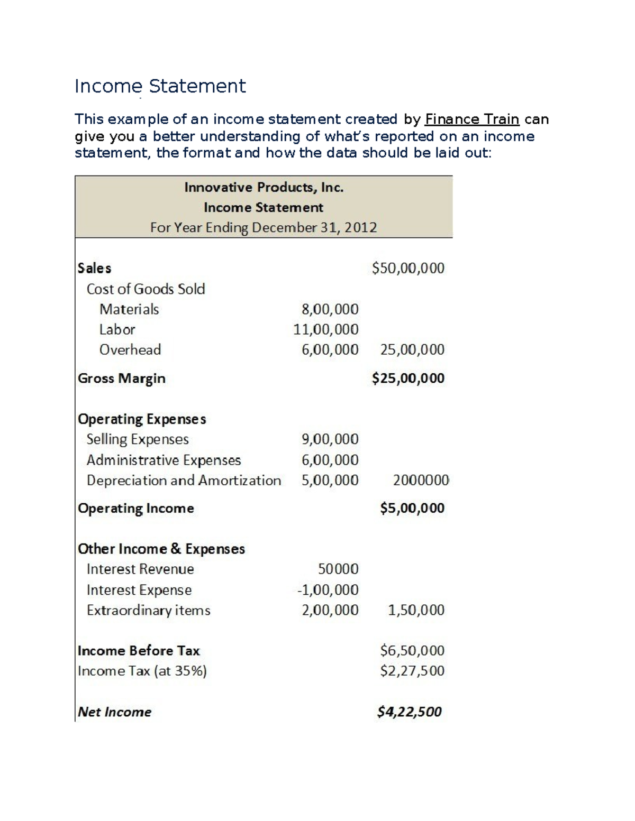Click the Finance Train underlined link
pyautogui.click(x=471, y=119)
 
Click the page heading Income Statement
pyautogui.click(x=160, y=86)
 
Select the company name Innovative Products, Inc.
pyautogui.click(x=264, y=188)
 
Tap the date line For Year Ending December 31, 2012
pyautogui.click(x=264, y=228)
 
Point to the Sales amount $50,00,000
pyautogui.click(x=408, y=269)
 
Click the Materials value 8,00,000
pyautogui.click(x=330, y=309)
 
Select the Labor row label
pyautogui.click(x=117, y=330)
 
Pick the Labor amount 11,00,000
pyautogui.click(x=326, y=330)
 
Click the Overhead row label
pyautogui.click(x=130, y=350)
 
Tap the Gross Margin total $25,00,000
pyautogui.click(x=408, y=379)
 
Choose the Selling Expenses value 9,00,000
pyautogui.click(x=330, y=439)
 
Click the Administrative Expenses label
pyautogui.click(x=164, y=460)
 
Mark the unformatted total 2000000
pyautogui.click(x=421, y=481)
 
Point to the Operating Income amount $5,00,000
pyautogui.click(x=412, y=509)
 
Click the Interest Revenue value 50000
pyautogui.click(x=338, y=569)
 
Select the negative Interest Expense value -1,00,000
pyautogui.click(x=328, y=590)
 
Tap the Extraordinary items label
pyautogui.click(x=148, y=611)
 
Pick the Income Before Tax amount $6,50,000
pyautogui.click(x=412, y=651)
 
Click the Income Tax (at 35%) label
pyautogui.click(x=142, y=671)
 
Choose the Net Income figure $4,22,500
pyautogui.click(x=409, y=712)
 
